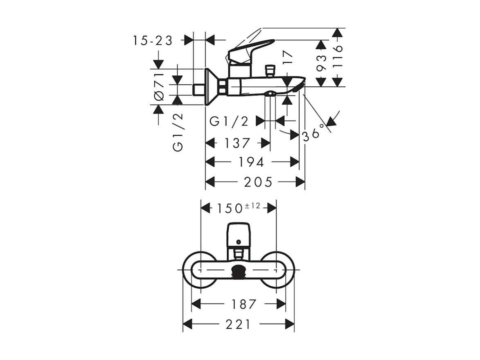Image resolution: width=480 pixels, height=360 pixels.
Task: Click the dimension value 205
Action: [258, 182]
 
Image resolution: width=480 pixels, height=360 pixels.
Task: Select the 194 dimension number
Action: [251, 162]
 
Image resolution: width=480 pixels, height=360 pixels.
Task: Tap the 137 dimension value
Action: [237, 143]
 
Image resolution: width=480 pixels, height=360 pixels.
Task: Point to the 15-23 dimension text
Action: [153, 41]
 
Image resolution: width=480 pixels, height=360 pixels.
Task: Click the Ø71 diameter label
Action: [159, 86]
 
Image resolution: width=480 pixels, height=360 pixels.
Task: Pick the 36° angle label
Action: [315, 131]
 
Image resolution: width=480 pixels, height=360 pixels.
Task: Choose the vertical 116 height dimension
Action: [337, 54]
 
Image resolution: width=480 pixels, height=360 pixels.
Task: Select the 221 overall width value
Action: [238, 325]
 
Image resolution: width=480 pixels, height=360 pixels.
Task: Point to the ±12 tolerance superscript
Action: [252, 206]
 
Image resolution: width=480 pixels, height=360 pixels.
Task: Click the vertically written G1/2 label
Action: [178, 132]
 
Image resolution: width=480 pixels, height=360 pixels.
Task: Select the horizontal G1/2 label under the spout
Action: [229, 121]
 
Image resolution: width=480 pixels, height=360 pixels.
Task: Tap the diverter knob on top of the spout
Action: [270, 71]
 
